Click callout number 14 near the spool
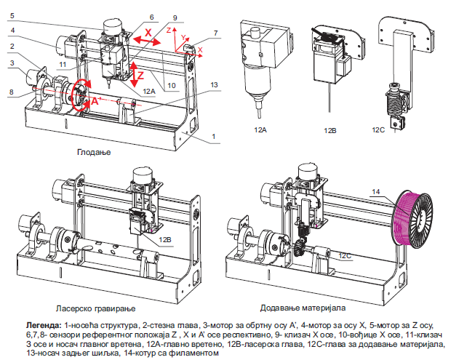pyautogui.click(x=376, y=192)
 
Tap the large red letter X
pyautogui.click(x=148, y=33)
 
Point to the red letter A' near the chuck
pyautogui.click(x=95, y=103)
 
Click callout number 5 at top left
pyautogui.click(x=12, y=15)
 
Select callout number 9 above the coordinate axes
pyautogui.click(x=175, y=17)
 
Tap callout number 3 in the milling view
pyautogui.click(x=12, y=63)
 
